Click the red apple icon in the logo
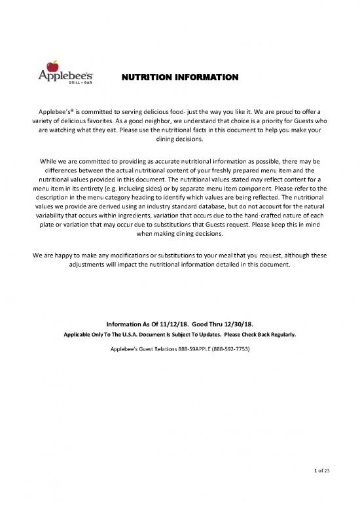[x=55, y=65]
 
